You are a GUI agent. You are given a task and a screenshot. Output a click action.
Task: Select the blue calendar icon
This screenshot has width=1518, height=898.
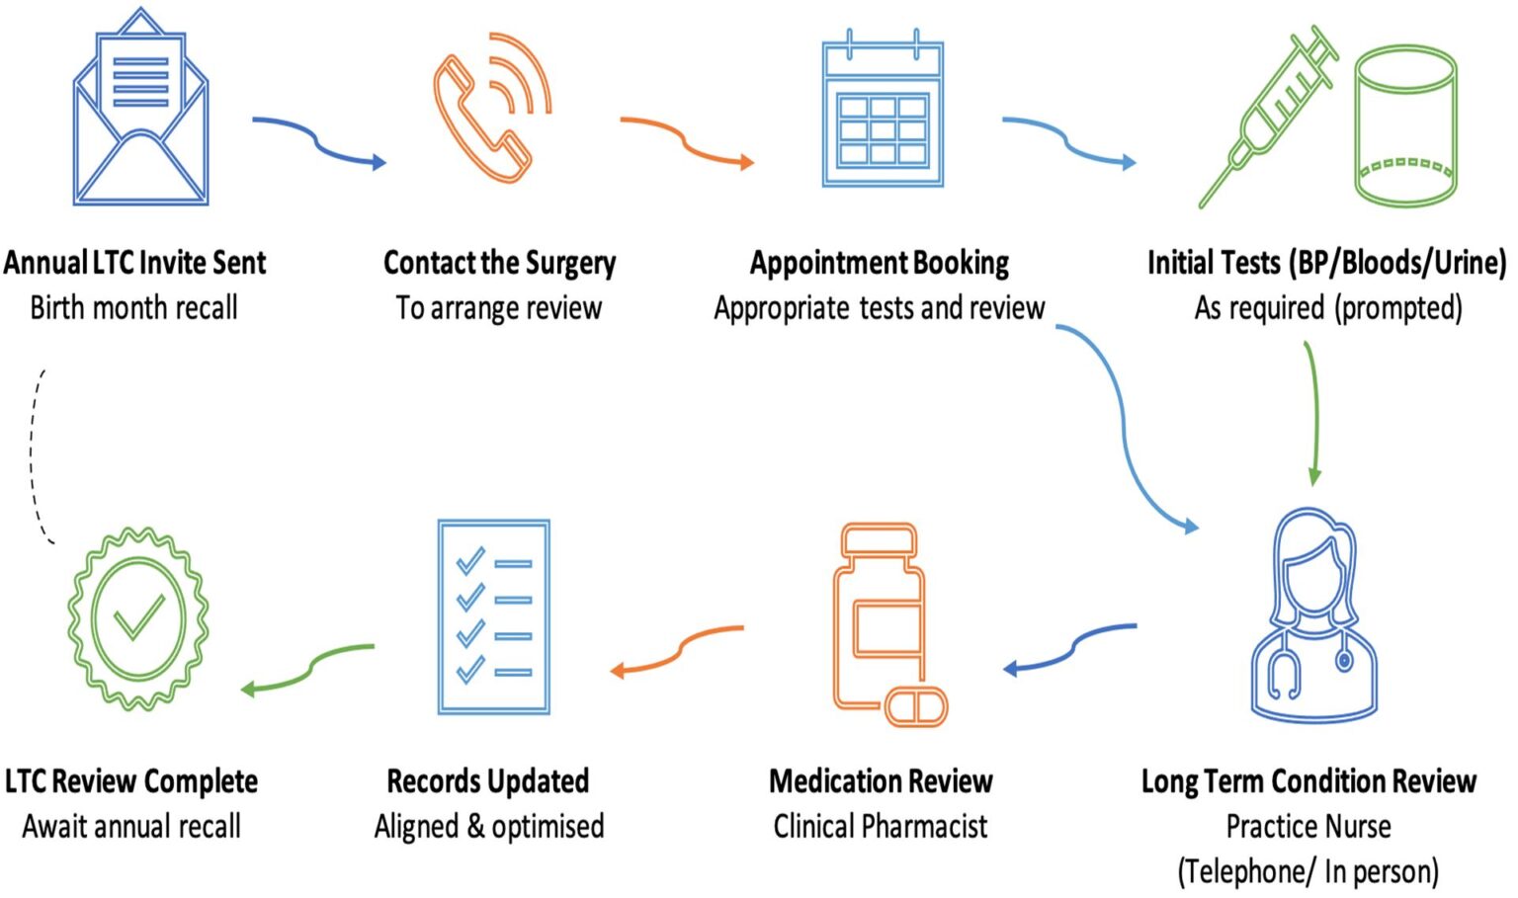tap(883, 111)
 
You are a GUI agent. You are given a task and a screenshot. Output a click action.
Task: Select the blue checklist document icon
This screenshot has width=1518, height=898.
tap(493, 616)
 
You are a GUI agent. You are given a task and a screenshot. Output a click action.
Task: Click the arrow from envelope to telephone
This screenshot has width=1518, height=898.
tap(318, 141)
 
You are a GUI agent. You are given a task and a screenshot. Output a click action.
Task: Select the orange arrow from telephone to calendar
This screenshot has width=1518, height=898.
tap(687, 141)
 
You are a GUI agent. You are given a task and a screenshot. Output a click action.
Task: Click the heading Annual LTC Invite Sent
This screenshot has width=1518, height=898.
tap(134, 263)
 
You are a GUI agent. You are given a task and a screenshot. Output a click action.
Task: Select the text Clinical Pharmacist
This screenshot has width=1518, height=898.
tap(880, 826)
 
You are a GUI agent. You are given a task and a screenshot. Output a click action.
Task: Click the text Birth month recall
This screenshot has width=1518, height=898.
tap(133, 308)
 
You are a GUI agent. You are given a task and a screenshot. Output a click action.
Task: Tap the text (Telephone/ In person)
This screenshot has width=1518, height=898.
tap(1307, 871)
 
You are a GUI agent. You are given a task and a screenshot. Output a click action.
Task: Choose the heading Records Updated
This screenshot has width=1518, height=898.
tap(487, 781)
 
